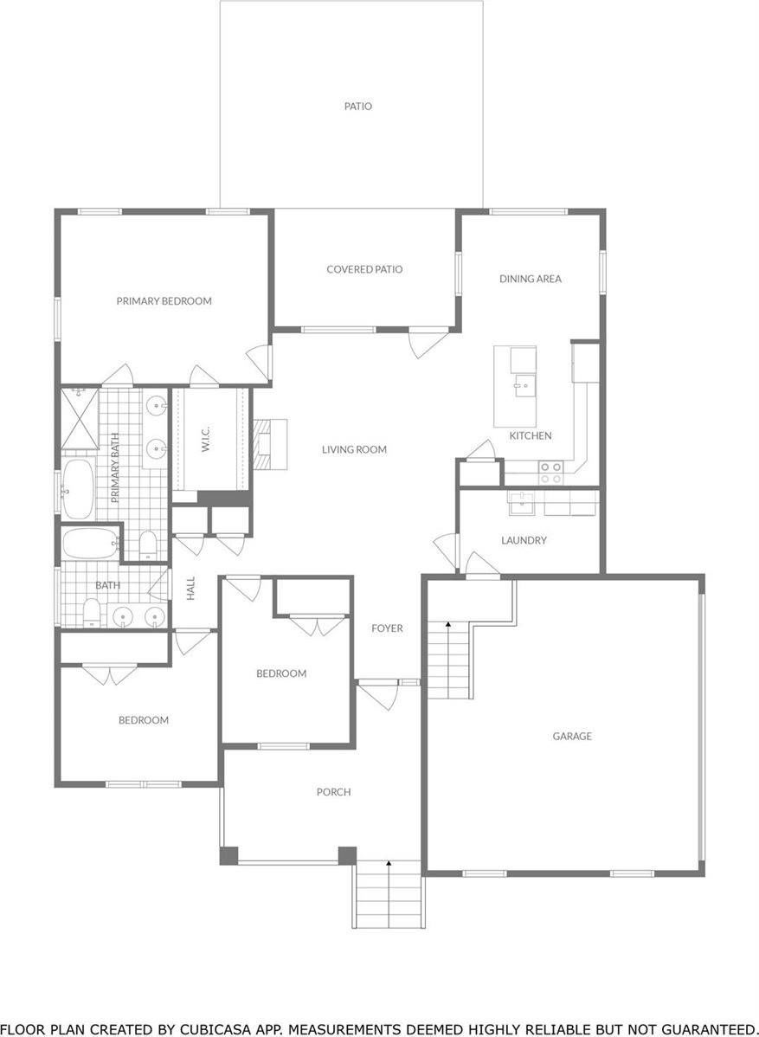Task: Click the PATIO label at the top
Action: point(357,106)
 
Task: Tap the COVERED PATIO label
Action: point(364,269)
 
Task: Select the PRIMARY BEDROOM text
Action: point(164,301)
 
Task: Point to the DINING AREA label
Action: point(531,279)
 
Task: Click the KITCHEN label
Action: point(530,435)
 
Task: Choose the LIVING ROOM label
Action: point(354,449)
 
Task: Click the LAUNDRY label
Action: point(524,540)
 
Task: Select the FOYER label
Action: point(387,628)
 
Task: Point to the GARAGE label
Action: point(572,736)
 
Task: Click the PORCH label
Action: point(333,792)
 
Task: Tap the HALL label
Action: point(191,589)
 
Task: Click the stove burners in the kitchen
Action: point(551,472)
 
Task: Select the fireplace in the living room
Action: point(269,444)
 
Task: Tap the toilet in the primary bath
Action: point(147,544)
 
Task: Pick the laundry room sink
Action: point(520,502)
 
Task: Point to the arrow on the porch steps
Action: point(389,863)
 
